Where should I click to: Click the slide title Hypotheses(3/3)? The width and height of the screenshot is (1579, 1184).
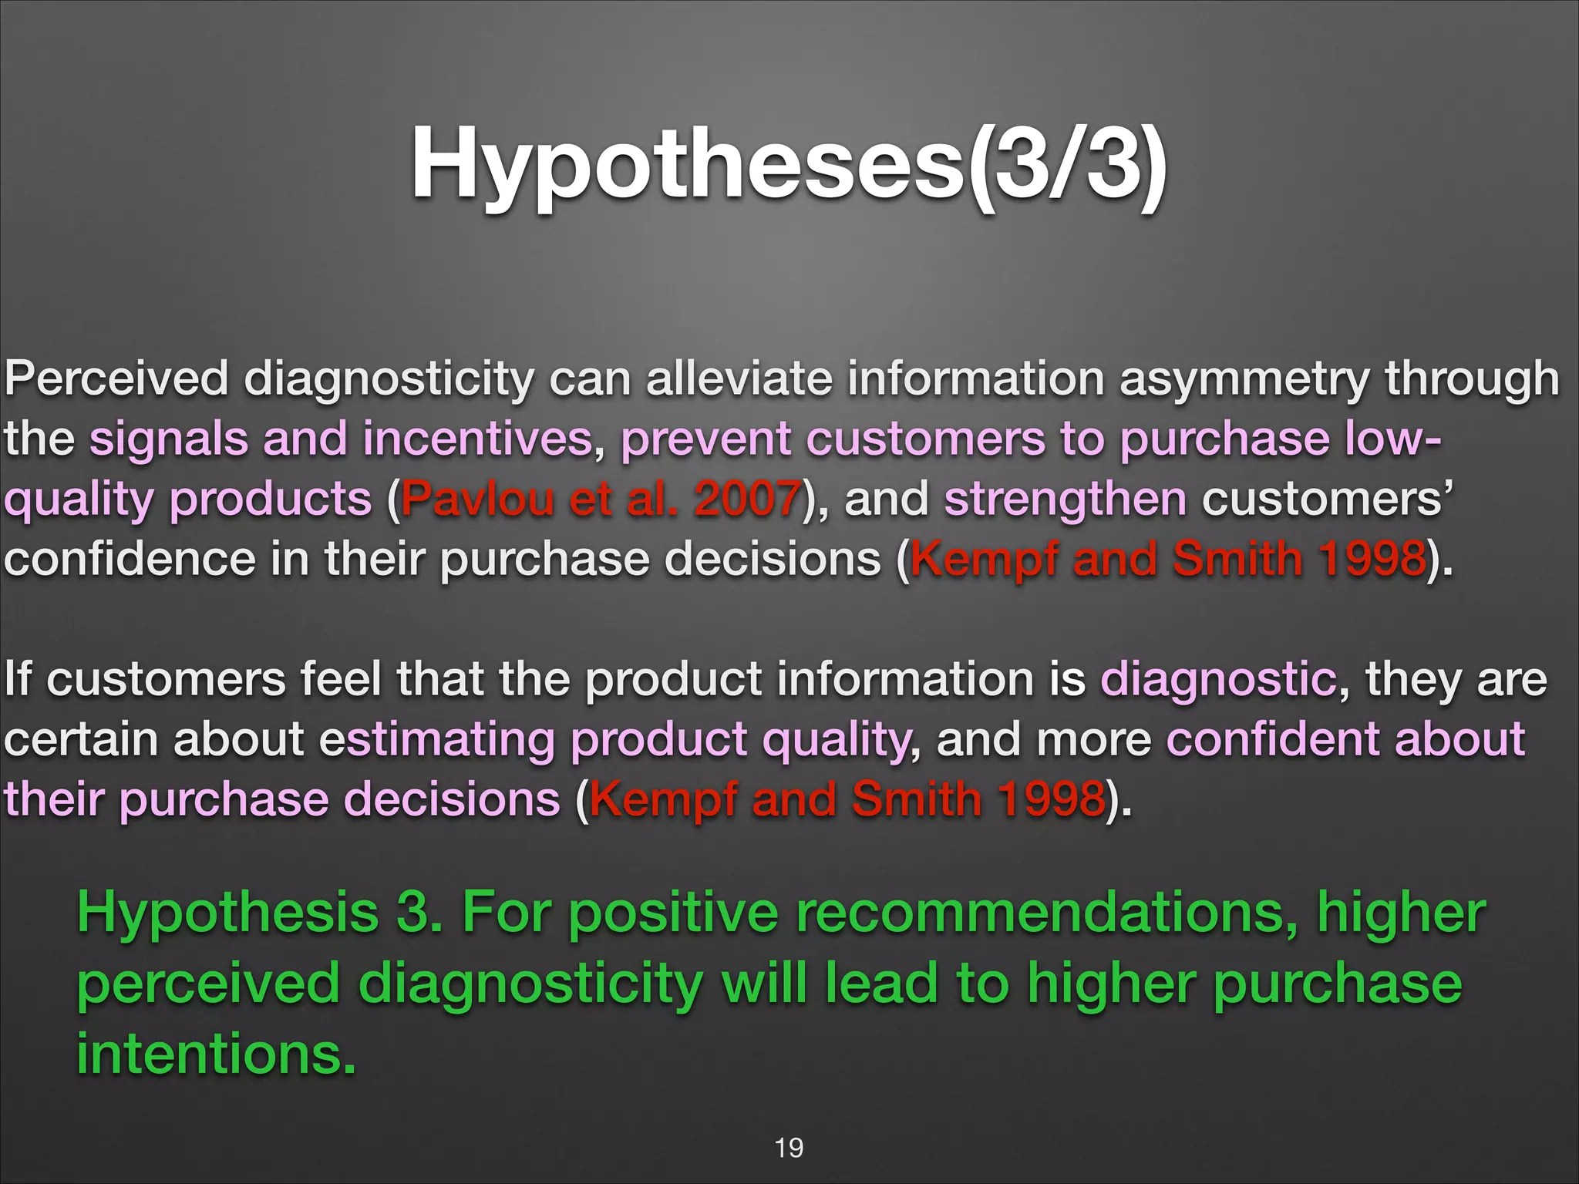[x=788, y=164]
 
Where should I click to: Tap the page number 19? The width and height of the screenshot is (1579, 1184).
[x=788, y=1148]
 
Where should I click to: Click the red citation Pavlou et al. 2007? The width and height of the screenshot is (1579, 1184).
[x=600, y=499]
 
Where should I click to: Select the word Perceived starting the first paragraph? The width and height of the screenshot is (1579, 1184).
[x=116, y=378]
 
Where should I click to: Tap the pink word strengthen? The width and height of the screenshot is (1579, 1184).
[x=1066, y=499]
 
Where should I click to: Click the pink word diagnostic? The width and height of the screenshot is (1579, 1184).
[x=1218, y=679]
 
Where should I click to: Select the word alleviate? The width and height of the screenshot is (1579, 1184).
[x=739, y=378]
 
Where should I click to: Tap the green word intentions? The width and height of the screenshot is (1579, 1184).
[x=216, y=1054]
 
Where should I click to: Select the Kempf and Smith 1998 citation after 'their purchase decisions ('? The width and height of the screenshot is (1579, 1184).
[x=847, y=799]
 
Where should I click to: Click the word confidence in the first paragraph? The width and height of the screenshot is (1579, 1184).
[x=130, y=559]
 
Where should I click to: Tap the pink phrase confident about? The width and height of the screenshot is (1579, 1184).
[x=1345, y=739]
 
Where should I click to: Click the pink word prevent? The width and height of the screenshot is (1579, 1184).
[x=705, y=439]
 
